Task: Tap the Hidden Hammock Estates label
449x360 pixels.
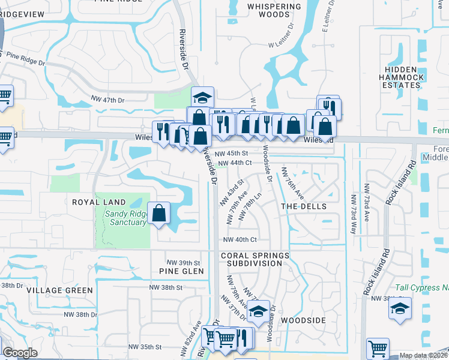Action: (402, 77)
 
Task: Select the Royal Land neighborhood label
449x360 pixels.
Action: (99, 202)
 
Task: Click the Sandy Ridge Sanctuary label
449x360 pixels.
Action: (125, 218)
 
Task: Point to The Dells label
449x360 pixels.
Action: (304, 206)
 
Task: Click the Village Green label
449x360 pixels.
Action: (60, 290)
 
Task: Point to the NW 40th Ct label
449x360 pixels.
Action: (240, 240)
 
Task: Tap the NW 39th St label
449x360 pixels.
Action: (183, 263)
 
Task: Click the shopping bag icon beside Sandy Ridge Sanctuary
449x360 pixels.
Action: (159, 213)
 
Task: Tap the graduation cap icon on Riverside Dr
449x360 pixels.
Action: (203, 97)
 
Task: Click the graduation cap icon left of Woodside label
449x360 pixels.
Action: (258, 312)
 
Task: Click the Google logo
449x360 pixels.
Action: (20, 353)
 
